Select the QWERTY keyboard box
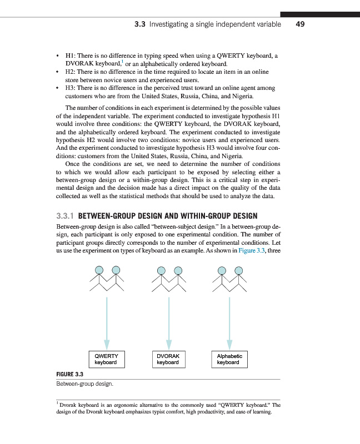[x=106, y=359]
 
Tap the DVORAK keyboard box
[x=168, y=359]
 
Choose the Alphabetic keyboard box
[x=229, y=359]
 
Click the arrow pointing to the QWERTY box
[x=106, y=322]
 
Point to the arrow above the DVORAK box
[x=168, y=322]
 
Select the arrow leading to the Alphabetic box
[x=229, y=322]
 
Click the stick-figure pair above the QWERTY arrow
[x=107, y=280]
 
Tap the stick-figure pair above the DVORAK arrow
[x=169, y=280]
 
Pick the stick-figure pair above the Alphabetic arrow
[x=230, y=280]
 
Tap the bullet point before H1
[x=58, y=56]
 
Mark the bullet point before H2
[x=58, y=72]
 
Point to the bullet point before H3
[x=58, y=88]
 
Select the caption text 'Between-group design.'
[x=83, y=384]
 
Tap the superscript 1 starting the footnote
[x=57, y=403]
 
